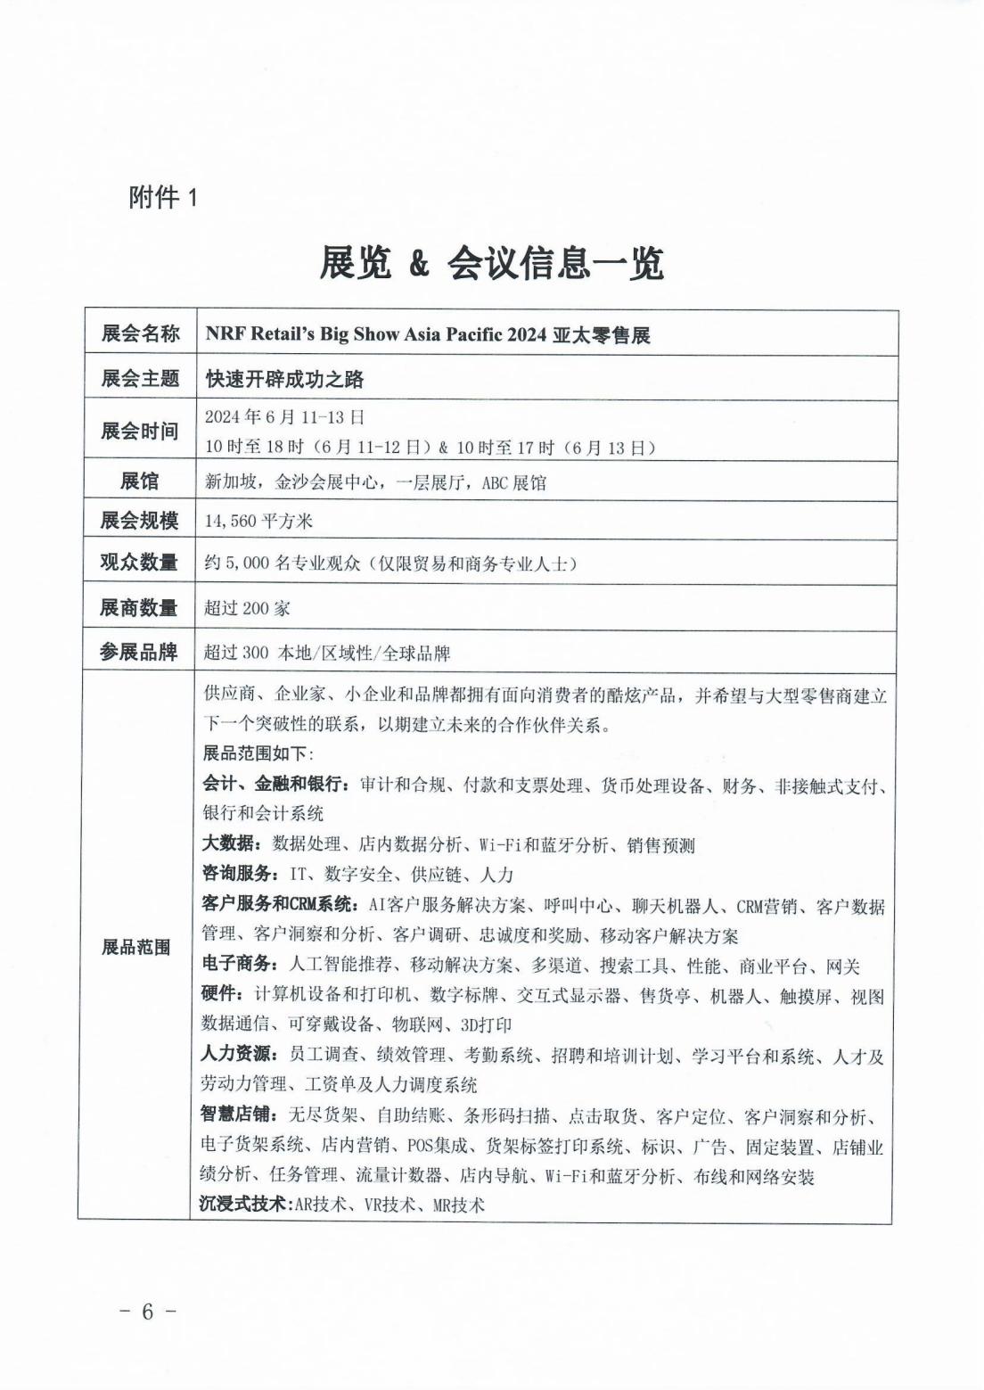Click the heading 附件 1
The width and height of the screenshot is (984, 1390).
[x=163, y=197]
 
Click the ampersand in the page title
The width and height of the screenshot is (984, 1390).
[x=418, y=265]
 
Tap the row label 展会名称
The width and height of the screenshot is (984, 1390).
[x=140, y=334]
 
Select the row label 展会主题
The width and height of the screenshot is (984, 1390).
[x=140, y=379]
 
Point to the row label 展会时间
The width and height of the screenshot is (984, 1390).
[x=140, y=432]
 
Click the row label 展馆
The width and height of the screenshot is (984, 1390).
[x=140, y=482]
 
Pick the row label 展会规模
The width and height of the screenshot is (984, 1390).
[x=140, y=520]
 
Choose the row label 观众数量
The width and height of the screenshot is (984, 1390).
[x=140, y=563]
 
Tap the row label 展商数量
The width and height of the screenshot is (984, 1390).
[x=140, y=608]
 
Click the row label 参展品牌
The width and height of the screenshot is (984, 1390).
[x=140, y=653]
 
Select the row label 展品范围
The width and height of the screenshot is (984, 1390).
[x=135, y=947]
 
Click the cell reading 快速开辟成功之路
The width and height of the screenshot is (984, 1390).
[x=284, y=380]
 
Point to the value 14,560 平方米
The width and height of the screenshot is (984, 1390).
[x=258, y=521]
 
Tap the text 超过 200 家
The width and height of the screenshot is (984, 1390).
[x=247, y=609]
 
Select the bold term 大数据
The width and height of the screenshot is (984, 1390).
[x=229, y=844]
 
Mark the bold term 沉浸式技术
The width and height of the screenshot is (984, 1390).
[x=243, y=1205]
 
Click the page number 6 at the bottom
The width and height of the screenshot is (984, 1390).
[x=148, y=1312]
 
